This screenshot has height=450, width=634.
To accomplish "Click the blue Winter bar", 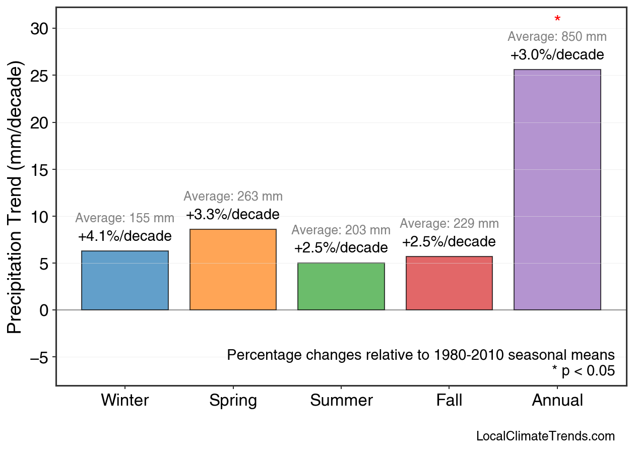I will click(x=124, y=280).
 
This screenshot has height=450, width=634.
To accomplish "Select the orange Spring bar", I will click(x=233, y=270).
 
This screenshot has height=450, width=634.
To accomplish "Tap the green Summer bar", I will click(x=341, y=286).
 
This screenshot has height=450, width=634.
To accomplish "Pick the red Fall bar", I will click(x=449, y=283).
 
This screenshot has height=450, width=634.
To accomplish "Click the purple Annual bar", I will click(x=557, y=189).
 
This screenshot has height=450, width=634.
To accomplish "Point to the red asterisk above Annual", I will click(x=557, y=20).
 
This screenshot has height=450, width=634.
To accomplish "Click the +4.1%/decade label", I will click(x=124, y=236).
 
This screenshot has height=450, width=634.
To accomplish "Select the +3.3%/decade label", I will click(x=233, y=214).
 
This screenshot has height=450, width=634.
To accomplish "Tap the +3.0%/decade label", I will click(x=557, y=54).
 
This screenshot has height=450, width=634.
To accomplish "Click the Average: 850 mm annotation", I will click(x=557, y=37).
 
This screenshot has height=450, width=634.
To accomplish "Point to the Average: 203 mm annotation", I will click(x=341, y=230).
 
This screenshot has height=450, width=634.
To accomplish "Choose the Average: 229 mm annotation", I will click(x=449, y=224).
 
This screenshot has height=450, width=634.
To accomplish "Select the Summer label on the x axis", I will click(x=341, y=401).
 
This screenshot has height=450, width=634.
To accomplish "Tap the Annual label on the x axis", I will click(x=557, y=401).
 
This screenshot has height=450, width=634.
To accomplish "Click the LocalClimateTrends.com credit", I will click(x=545, y=436).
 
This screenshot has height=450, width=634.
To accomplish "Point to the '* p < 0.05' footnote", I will click(x=583, y=371).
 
